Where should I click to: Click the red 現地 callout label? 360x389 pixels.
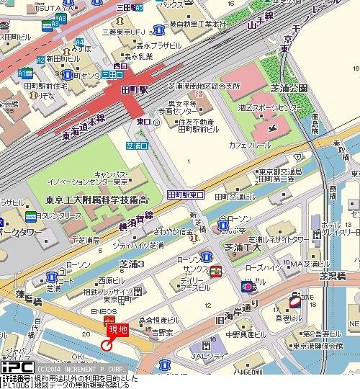click(118, 330)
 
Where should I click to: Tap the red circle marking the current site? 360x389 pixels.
click(107, 345)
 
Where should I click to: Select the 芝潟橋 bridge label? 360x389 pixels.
click(333, 276)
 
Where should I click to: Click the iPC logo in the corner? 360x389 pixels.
click(14, 367)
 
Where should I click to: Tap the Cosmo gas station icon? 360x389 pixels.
click(294, 301)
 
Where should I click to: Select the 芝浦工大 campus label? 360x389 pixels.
click(243, 248)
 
